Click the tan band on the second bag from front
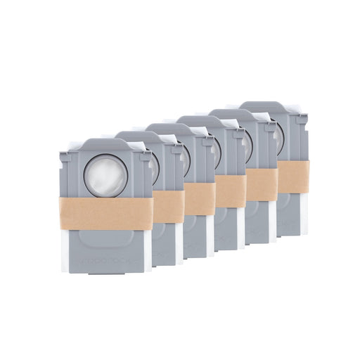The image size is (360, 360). click(x=169, y=206)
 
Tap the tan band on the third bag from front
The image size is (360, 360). click(x=200, y=198)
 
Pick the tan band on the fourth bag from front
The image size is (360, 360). click(x=231, y=191)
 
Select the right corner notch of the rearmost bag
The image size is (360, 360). click(x=302, y=119)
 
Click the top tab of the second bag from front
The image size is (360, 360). click(x=141, y=136)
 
